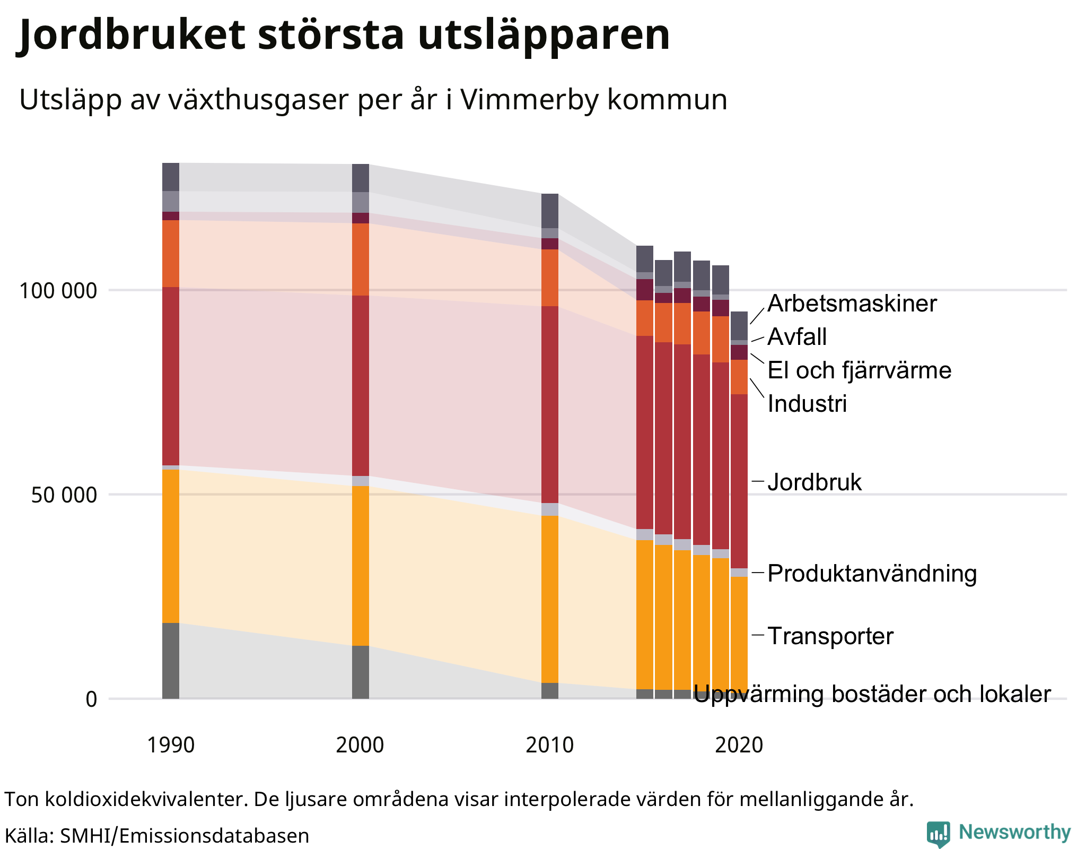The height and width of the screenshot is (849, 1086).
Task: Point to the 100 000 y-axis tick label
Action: (58, 291)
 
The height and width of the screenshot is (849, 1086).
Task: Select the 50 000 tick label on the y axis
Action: (64, 495)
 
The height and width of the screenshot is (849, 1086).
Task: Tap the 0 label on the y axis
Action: (91, 700)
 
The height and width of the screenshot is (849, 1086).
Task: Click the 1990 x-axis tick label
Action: (170, 745)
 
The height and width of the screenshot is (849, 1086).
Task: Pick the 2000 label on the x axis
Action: (360, 745)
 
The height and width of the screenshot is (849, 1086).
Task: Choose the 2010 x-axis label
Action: (549, 745)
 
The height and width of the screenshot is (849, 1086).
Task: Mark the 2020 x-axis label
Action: (739, 745)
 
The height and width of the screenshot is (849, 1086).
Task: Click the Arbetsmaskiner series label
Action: (852, 304)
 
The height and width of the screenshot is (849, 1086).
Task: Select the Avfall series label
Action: (797, 337)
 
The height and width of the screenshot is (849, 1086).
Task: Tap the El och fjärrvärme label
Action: (859, 370)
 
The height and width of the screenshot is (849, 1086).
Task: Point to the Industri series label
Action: (807, 404)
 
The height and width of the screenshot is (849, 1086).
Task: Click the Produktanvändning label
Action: (872, 574)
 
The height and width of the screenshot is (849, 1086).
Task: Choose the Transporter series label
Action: (830, 636)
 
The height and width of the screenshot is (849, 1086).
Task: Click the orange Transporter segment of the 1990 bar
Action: (170, 547)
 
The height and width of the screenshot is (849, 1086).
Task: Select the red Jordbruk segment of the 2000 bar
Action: (360, 386)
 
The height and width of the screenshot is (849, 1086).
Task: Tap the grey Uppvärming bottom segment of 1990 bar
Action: (170, 661)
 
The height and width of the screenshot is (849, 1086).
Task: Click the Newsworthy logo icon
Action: (938, 834)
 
